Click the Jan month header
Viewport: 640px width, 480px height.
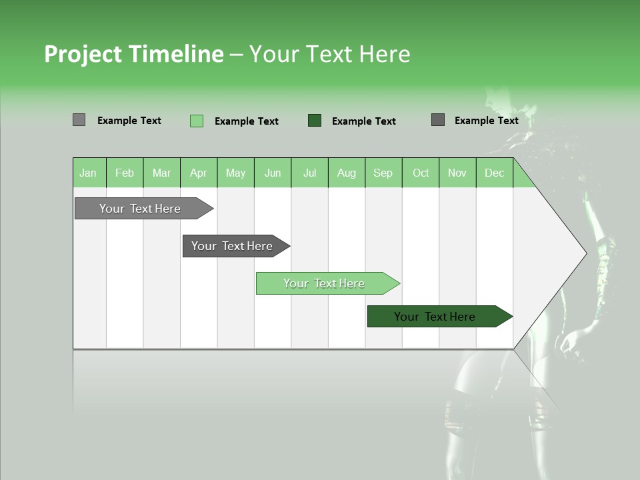[88, 173]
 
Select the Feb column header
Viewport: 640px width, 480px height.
[125, 173]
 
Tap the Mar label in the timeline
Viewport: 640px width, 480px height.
[161, 173]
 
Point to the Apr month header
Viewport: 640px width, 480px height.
[199, 173]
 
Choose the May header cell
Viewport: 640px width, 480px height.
[235, 173]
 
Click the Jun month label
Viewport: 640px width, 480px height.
[273, 173]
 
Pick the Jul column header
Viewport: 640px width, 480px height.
[309, 173]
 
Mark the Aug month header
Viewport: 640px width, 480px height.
[347, 173]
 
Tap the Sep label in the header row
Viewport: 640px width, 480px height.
[383, 173]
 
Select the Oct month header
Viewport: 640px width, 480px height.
[421, 173]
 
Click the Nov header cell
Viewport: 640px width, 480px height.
[457, 173]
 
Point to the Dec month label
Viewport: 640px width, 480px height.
[495, 173]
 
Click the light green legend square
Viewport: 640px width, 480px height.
[197, 121]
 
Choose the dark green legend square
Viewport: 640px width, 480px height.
[315, 121]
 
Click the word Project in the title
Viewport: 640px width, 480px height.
[83, 54]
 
